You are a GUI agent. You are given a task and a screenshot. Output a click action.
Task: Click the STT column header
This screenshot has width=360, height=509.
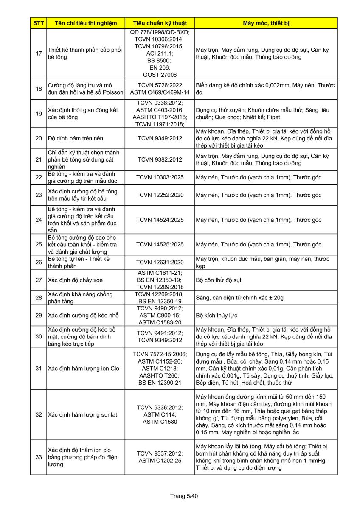(38, 23)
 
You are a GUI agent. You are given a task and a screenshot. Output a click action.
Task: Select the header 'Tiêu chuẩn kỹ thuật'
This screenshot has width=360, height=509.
(160, 23)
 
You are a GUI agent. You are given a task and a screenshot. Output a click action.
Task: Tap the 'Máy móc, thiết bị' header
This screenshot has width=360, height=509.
(266, 23)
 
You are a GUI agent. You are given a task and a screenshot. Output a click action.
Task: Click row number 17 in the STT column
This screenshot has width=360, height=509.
(38, 53)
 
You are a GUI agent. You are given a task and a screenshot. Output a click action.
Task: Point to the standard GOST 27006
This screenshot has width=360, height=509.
(160, 75)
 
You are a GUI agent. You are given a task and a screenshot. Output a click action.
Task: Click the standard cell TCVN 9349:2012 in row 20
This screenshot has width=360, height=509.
(160, 138)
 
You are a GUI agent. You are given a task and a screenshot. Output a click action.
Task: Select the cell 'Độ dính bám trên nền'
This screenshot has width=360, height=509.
(76, 138)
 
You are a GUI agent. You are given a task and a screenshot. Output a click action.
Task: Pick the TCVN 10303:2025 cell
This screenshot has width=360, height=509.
(160, 177)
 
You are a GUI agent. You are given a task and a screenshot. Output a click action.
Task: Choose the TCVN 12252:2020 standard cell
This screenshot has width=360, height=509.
(160, 195)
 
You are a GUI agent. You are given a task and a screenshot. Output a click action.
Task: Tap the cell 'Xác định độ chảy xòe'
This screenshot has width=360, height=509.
(76, 280)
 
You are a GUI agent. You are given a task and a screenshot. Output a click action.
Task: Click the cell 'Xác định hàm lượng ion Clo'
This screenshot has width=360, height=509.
(84, 368)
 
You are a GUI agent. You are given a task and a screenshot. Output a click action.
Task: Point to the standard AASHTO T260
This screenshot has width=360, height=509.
(160, 375)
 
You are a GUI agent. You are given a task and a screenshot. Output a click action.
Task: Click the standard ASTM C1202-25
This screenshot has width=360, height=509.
(160, 461)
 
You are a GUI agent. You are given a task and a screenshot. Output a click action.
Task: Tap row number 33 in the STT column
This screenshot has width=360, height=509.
(38, 457)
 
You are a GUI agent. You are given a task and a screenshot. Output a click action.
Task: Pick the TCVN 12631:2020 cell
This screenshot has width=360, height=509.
(160, 263)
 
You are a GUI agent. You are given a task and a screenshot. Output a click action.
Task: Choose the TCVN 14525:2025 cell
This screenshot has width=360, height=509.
(160, 245)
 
